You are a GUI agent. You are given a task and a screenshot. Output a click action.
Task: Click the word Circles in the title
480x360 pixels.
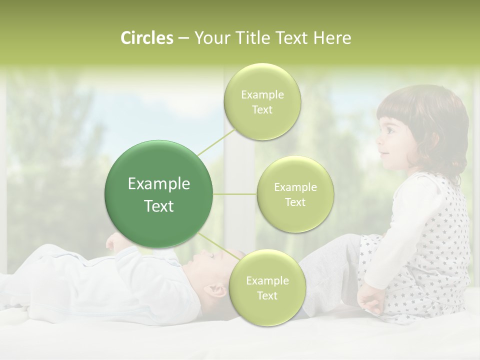(x=146, y=38)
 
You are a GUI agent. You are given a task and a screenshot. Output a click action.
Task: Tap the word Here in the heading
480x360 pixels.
(x=332, y=38)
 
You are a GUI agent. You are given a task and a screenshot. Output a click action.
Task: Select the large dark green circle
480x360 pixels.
(x=159, y=194)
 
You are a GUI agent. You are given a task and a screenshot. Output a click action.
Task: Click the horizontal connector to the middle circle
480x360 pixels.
(x=235, y=194)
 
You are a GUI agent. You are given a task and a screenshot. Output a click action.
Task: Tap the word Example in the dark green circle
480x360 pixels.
(x=159, y=184)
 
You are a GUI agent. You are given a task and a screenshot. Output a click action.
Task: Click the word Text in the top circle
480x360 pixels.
(x=262, y=110)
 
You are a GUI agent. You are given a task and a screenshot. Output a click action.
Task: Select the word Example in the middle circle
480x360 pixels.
(x=295, y=187)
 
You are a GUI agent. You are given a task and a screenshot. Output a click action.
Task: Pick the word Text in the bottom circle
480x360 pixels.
(x=267, y=295)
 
